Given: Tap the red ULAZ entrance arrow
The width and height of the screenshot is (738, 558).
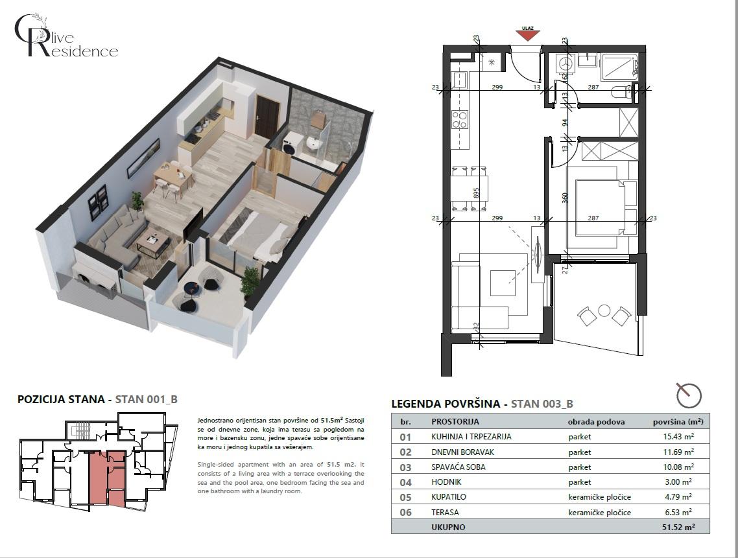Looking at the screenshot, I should coord(528,35).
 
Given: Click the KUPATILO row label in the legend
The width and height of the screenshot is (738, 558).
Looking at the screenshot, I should coord(449,497).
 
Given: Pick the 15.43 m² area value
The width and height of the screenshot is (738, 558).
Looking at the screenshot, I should coord(677,437).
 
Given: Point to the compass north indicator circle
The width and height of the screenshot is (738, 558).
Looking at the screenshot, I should coord(688,395).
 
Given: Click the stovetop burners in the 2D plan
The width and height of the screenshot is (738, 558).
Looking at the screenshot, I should coord(460,119).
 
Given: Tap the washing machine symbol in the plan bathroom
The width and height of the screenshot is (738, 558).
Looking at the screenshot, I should coord(566,64).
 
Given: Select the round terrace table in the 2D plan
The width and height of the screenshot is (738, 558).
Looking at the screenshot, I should coord(604,310).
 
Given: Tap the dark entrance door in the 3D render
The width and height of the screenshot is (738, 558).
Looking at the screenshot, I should coord(267,117).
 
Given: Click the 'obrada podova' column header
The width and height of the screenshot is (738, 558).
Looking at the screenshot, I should coord(596,421).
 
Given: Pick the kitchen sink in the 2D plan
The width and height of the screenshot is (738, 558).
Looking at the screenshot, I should coord(460,80).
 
